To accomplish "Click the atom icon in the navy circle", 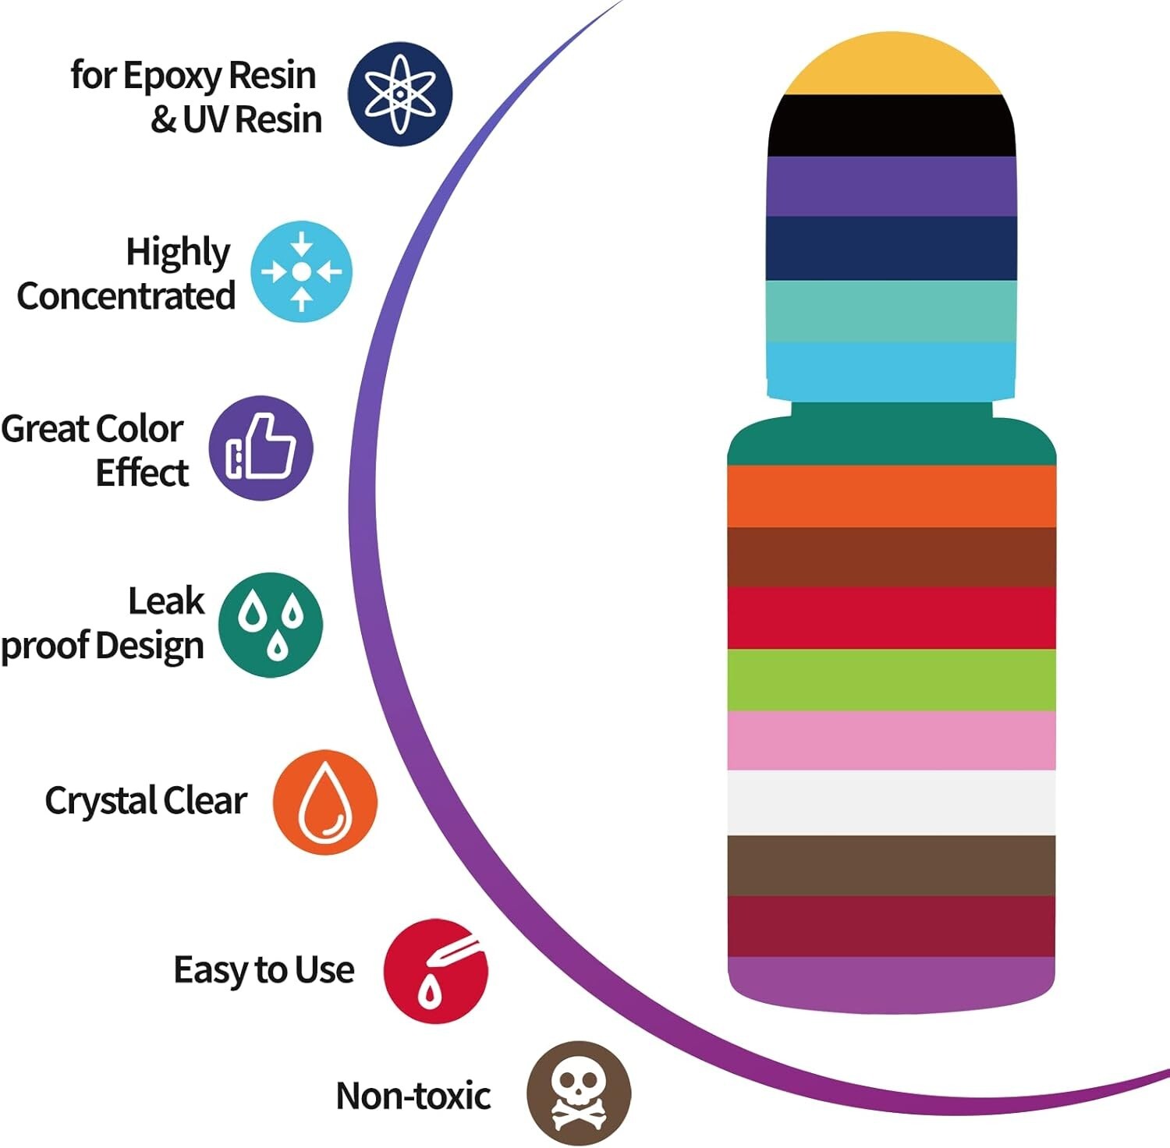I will point(399,94).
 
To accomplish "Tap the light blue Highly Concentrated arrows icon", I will point(301,271).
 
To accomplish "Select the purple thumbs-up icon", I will point(261,448).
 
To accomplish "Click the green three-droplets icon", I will point(270,625).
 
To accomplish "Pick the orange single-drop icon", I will point(324,802).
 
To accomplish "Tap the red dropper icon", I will point(435,971).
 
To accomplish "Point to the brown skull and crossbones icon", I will point(578,1093).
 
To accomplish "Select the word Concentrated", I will point(126,296).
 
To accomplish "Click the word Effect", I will point(142,473).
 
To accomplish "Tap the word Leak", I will point(166,601).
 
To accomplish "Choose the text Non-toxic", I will point(413,1096).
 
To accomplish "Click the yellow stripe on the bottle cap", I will point(892,66).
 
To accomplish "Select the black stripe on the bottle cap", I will point(892,126).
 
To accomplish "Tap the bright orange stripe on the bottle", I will point(892,496).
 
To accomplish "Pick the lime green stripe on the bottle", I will point(892,679).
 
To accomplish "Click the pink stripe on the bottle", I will point(892,740).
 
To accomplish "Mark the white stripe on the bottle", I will point(892,803).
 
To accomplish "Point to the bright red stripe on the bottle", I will point(892,618).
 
